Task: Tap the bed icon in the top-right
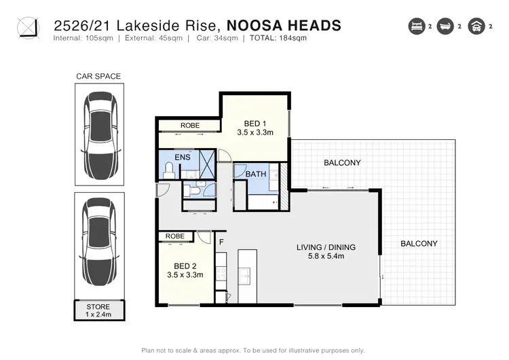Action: [x=415, y=27]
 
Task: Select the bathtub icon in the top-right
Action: [x=446, y=27]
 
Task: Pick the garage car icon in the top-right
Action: [x=476, y=27]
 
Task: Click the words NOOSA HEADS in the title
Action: [x=283, y=26]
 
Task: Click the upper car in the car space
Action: [x=98, y=134]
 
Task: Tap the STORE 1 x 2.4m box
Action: [x=98, y=310]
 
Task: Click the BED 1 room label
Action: [x=254, y=128]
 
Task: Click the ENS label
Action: [x=182, y=158]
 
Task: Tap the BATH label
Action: [x=256, y=175]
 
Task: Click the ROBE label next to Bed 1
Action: [x=189, y=126]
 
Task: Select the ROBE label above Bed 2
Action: [x=175, y=237]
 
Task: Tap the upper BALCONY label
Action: [x=342, y=163]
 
